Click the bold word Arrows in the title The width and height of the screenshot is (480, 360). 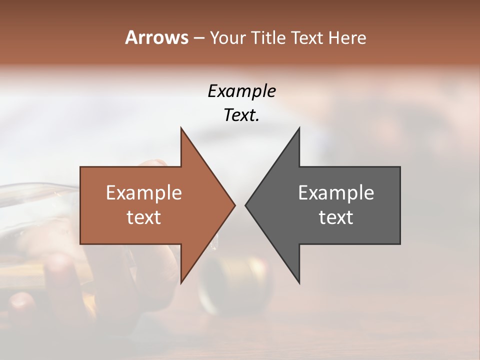click(156, 37)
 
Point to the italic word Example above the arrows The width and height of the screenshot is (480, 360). click(241, 91)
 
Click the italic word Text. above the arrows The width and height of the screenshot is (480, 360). click(241, 115)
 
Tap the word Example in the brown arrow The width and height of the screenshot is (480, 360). click(143, 193)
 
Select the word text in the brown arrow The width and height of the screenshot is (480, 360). click(143, 217)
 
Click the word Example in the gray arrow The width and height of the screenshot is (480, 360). click(336, 193)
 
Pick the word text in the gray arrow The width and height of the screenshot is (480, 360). click(336, 217)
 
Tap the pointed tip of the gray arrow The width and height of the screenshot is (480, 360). click(246, 205)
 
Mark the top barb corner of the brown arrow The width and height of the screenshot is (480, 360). click(181, 128)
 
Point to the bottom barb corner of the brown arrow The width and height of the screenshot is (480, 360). click(181, 282)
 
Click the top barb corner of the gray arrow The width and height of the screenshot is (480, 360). click(299, 128)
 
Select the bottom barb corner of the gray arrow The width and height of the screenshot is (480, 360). click(299, 282)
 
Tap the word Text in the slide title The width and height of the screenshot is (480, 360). click(308, 37)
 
